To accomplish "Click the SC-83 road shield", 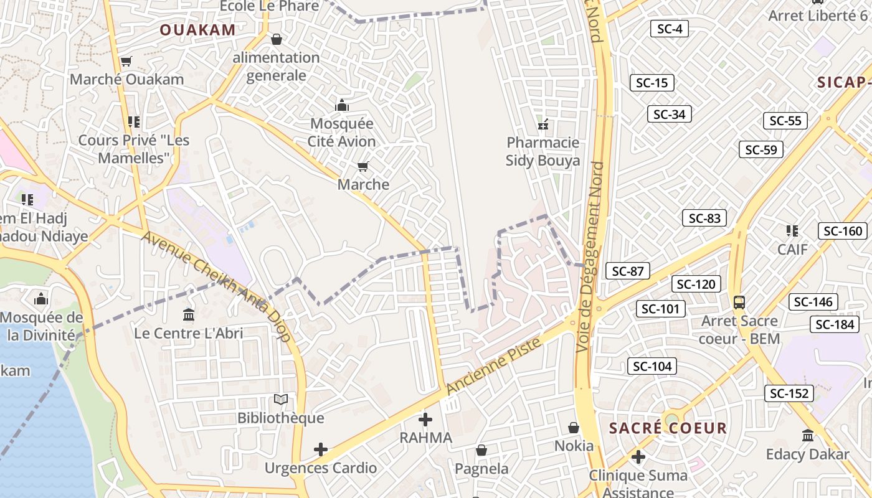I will pos(704,218).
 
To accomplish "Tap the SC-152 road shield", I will pos(789,393).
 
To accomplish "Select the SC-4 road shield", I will pos(670,28).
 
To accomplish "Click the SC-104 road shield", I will pos(652,366).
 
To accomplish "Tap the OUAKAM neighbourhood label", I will pos(197,30).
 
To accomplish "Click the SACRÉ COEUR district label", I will pos(668,428).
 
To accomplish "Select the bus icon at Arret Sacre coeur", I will pos(739,303).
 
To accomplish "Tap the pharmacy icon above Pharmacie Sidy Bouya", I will pos(543,125).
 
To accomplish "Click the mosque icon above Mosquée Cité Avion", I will pos(341,105).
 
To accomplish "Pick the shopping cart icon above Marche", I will pos(363,166).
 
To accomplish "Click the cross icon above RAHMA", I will pos(425,420).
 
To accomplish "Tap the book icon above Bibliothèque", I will pos(281,399).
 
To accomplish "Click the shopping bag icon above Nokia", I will pos(574,428).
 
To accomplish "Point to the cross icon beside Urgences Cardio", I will pos(321,449).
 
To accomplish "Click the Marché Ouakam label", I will pos(126,79).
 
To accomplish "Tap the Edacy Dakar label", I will pos(807,454).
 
